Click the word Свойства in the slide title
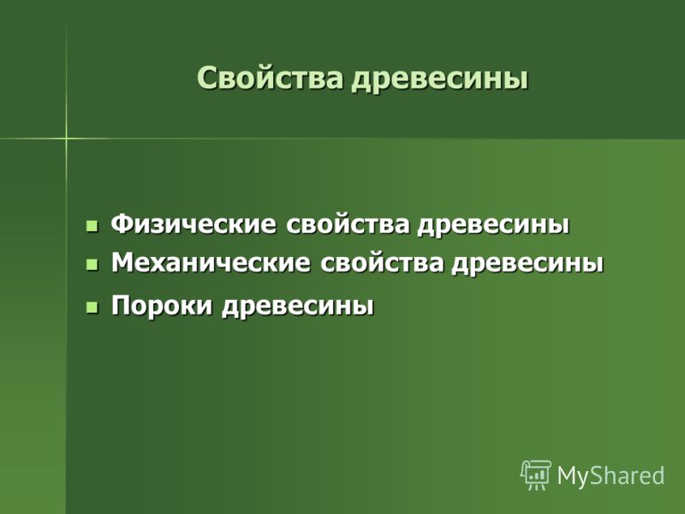coord(270,78)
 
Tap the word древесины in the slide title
coord(440,79)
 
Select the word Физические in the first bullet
coord(194,224)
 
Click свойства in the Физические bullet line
coord(348,224)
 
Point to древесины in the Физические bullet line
coord(494,225)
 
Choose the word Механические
coord(211,263)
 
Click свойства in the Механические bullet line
coord(382,263)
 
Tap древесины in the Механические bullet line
coord(527,264)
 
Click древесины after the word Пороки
coord(298,306)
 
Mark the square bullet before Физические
coord(92,226)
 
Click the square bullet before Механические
coord(92,265)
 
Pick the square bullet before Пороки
coord(92,308)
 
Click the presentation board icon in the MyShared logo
coord(536,475)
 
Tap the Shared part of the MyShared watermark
coord(628,475)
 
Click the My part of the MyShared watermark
coord(574,476)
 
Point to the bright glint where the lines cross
coord(67,139)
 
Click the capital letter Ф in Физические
coord(122,224)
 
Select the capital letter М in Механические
coord(123,263)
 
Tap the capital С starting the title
coord(206,78)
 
